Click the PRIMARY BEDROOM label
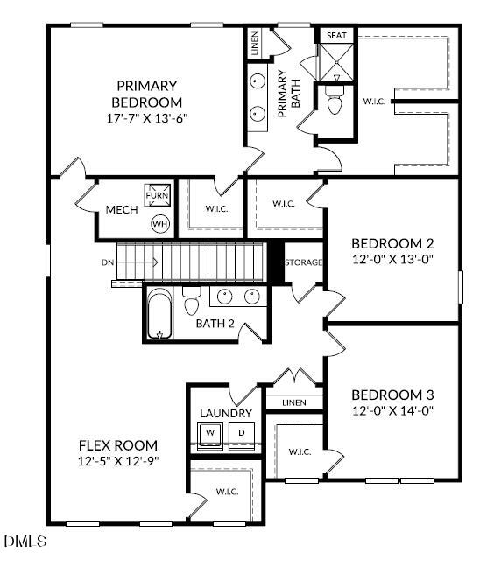(146, 93)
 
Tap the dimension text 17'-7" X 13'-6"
(146, 116)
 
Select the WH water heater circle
(160, 223)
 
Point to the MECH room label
(119, 210)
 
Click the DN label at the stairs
(107, 261)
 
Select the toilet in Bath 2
(192, 303)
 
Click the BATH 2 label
(215, 324)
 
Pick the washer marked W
(210, 433)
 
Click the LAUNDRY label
(226, 413)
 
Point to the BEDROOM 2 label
(392, 243)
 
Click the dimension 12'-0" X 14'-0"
(392, 409)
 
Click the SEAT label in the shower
(336, 36)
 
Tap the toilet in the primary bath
(334, 100)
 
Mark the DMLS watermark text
(26, 542)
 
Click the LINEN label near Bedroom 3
(294, 402)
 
